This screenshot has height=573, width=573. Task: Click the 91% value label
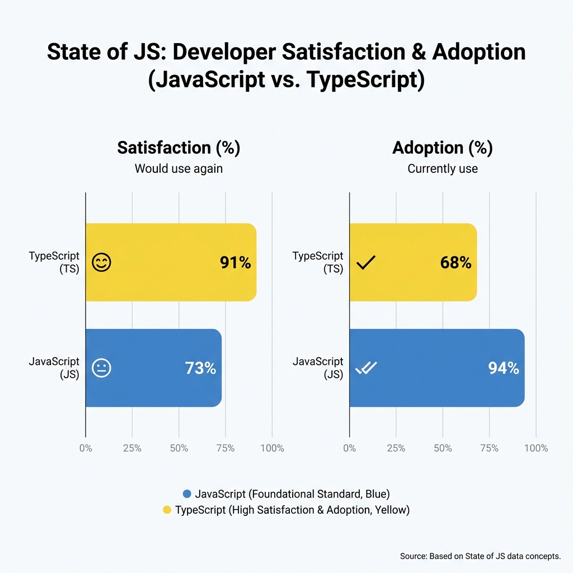(x=235, y=262)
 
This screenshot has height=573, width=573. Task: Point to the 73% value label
(x=200, y=368)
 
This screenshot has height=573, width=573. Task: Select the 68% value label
(x=455, y=262)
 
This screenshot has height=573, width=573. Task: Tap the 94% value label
(x=503, y=368)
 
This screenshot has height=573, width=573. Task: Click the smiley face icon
(x=101, y=262)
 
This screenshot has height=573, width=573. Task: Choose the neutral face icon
(x=101, y=368)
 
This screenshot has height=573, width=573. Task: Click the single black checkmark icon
(x=366, y=262)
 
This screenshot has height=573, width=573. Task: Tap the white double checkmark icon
(x=367, y=368)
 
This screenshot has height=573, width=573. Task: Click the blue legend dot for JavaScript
(x=187, y=494)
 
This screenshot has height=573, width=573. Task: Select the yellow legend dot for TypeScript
(x=167, y=510)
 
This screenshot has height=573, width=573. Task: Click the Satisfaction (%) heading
(x=179, y=148)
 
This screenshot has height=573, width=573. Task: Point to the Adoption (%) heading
(x=443, y=148)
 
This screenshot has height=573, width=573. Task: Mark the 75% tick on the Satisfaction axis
(x=226, y=448)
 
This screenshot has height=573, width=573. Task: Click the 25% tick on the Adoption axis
(x=396, y=448)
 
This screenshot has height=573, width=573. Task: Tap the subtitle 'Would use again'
(x=179, y=168)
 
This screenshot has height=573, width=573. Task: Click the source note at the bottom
(x=480, y=556)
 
